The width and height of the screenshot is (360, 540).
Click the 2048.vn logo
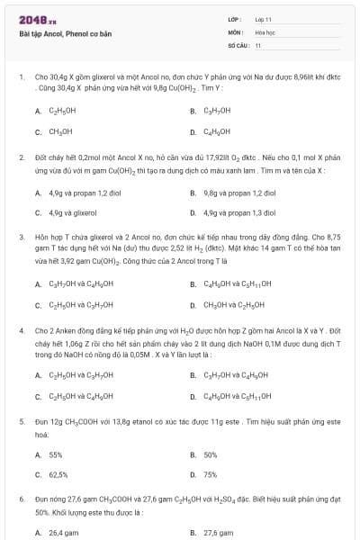point(32,20)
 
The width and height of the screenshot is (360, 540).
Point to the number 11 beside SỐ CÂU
point(258,44)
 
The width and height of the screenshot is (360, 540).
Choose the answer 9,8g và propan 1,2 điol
point(239,193)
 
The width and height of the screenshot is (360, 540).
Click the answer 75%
point(211,474)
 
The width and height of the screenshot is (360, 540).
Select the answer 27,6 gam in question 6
point(219,533)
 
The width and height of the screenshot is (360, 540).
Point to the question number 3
point(22,233)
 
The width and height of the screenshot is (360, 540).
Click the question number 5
point(22,421)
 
